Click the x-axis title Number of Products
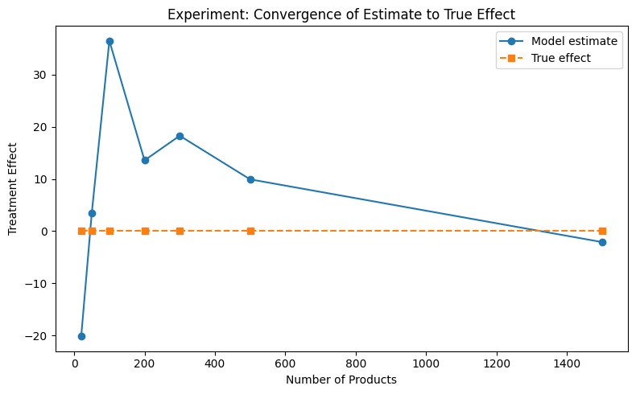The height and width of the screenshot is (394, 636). pyautogui.click(x=341, y=380)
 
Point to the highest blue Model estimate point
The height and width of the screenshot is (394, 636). pyautogui.click(x=109, y=41)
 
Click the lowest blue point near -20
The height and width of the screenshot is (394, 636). pyautogui.click(x=81, y=336)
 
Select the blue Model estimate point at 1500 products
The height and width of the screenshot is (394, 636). pyautogui.click(x=602, y=242)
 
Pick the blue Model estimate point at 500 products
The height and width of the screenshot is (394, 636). pyautogui.click(x=250, y=179)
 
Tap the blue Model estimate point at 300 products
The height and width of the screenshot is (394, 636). pyautogui.click(x=180, y=136)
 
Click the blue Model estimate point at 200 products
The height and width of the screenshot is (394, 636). pyautogui.click(x=145, y=160)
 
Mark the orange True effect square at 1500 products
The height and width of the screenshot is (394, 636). pyautogui.click(x=602, y=231)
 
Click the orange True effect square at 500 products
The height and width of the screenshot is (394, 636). pyautogui.click(x=250, y=231)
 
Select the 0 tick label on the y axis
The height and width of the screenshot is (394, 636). pyautogui.click(x=45, y=231)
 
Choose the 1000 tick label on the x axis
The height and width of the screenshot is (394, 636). pyautogui.click(x=426, y=363)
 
